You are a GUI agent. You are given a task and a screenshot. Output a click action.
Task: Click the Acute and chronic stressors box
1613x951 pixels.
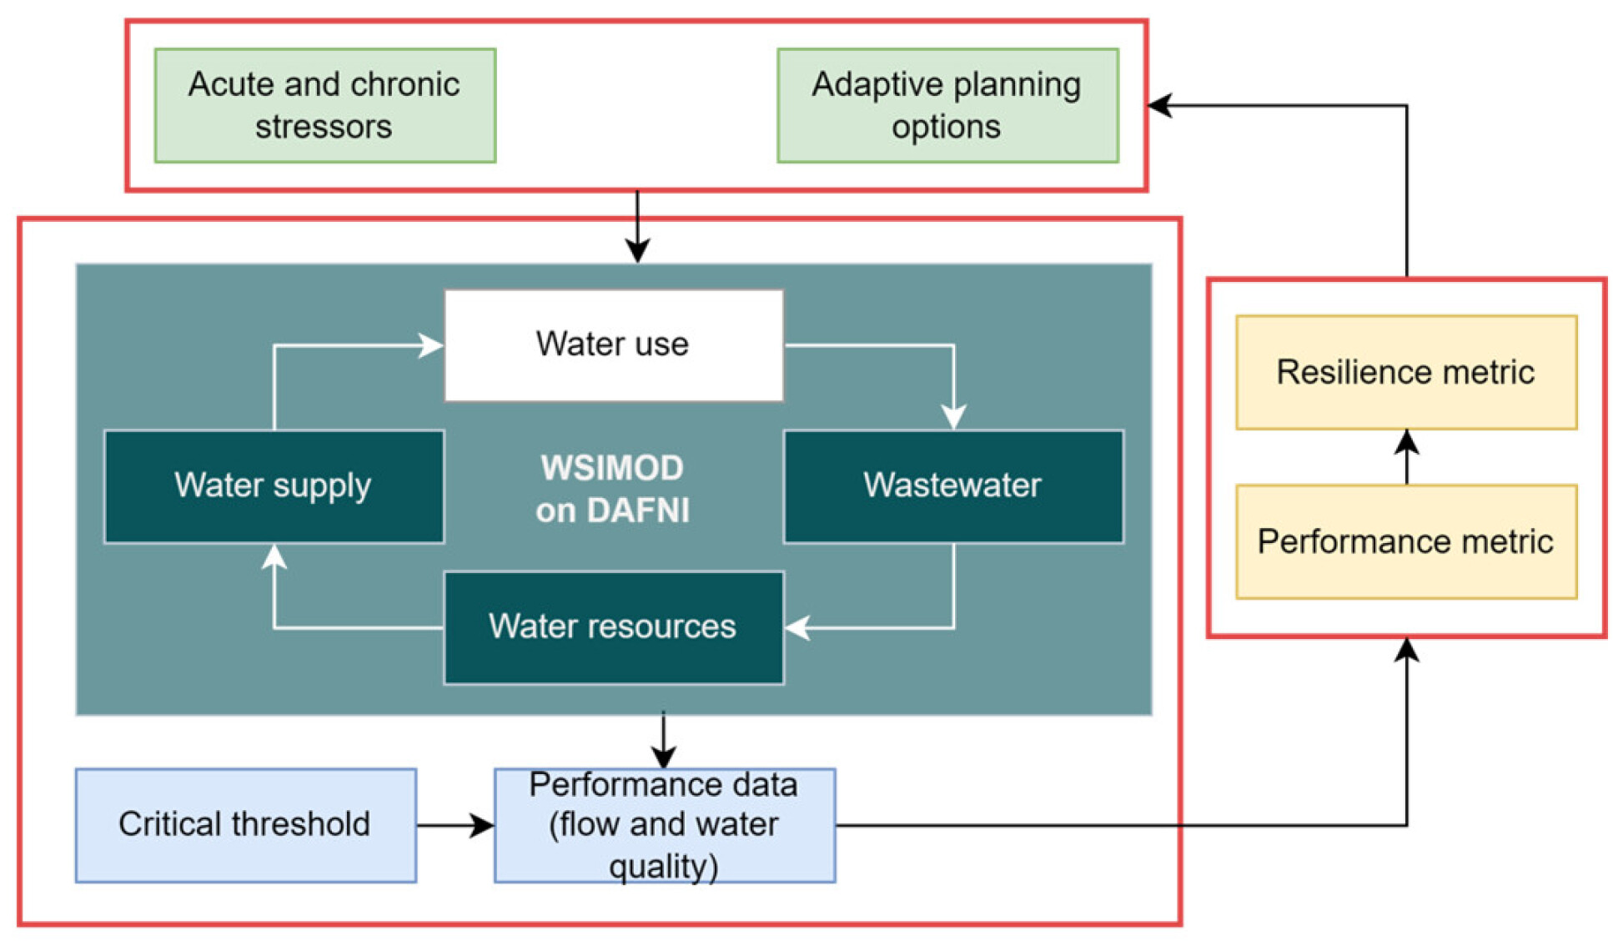pos(324,105)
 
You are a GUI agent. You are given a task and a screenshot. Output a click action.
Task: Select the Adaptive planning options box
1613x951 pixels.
pos(947,105)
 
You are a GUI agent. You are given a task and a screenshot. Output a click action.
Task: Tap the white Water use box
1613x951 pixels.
pos(613,345)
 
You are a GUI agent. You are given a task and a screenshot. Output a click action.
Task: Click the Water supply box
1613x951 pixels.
pos(274,486)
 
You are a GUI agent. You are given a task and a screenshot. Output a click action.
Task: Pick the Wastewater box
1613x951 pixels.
pos(952,486)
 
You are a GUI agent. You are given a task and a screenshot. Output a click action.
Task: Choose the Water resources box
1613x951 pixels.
pos(613,626)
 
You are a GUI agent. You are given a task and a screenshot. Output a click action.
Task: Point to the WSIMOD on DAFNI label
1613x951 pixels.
pos(613,489)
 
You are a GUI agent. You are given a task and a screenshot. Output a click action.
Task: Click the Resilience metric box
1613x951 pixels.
pos(1405,372)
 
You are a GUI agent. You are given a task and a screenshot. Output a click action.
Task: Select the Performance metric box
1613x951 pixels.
pos(1405,541)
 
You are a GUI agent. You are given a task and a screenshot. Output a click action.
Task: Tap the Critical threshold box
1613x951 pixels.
pos(245,824)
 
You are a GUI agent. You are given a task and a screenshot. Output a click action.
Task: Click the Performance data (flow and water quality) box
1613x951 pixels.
pos(664,824)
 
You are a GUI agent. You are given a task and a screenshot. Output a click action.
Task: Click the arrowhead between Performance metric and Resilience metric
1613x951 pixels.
pos(1406,441)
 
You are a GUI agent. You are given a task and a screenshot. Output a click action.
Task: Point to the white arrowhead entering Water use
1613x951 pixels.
pos(432,345)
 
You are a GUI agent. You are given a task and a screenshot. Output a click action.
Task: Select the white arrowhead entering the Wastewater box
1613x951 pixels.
pos(953,418)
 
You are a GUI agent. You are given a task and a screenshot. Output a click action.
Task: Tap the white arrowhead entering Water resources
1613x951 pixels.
pos(796,627)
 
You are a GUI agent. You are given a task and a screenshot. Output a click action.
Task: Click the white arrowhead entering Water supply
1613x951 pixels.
pos(274,556)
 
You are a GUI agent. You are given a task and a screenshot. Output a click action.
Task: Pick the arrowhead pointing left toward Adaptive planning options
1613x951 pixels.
pos(1159,105)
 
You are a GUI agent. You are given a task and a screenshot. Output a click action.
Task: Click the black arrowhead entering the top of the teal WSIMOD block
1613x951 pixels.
pos(637,251)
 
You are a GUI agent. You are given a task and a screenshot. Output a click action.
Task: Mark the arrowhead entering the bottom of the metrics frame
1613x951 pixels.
pos(1406,650)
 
